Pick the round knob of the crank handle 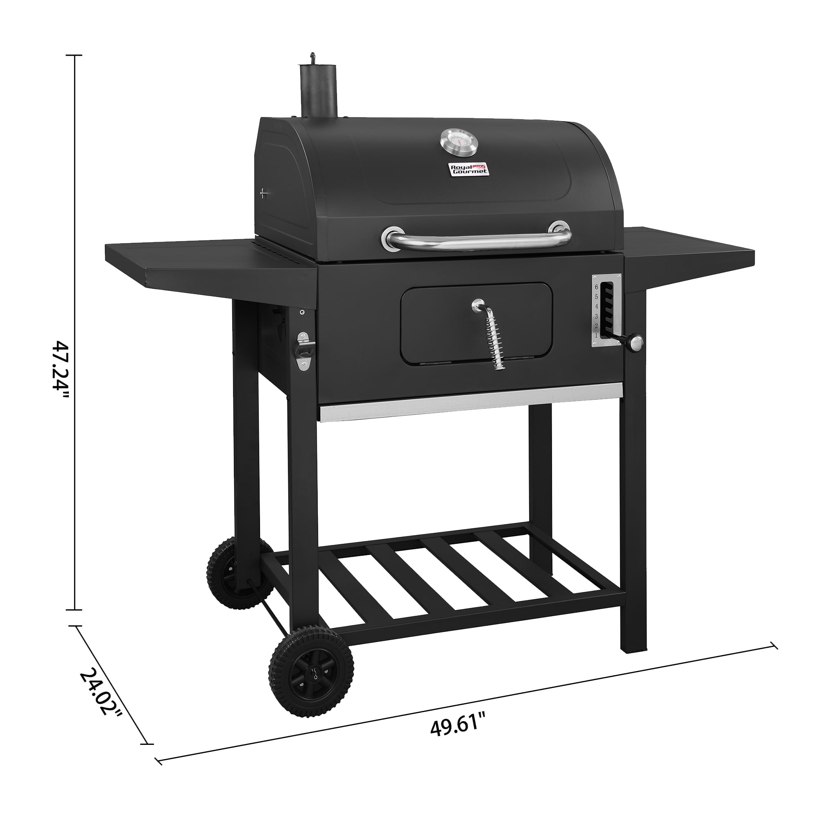(636, 342)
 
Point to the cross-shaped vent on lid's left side (264, 194)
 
